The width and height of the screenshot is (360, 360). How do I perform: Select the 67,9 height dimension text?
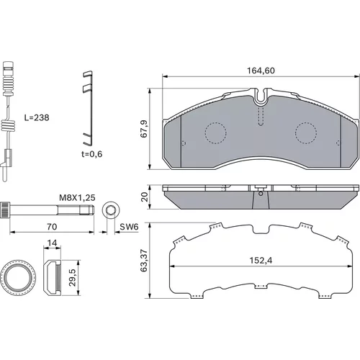144,129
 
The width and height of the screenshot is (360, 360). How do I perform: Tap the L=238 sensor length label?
37,117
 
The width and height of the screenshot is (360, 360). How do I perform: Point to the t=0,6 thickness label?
91,154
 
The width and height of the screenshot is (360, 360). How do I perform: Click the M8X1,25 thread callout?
77,198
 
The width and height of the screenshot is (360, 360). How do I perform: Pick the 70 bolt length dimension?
52,227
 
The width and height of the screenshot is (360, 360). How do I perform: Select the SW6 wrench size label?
129,227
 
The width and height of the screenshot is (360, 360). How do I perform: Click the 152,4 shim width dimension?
261,261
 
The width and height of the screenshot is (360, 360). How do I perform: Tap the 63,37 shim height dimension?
144,261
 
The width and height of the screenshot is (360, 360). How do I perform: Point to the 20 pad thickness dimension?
145,197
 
